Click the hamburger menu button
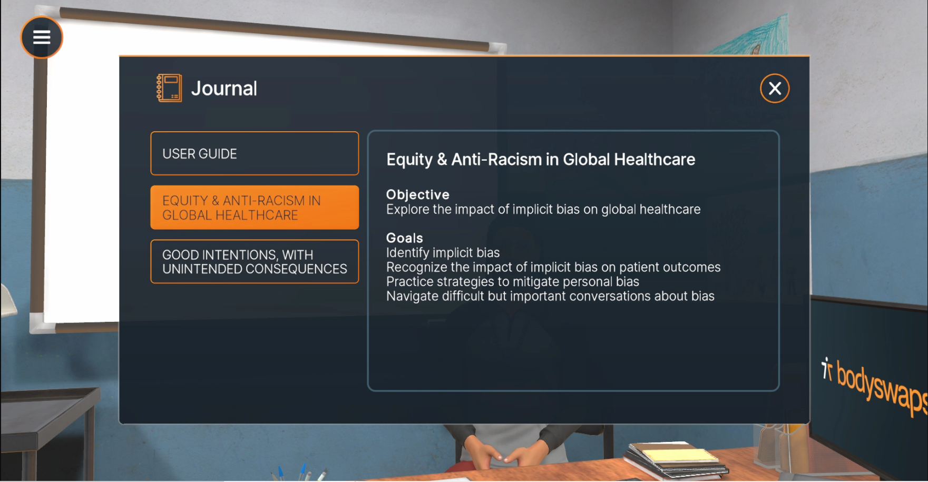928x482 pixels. click(x=42, y=37)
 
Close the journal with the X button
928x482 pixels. click(x=775, y=88)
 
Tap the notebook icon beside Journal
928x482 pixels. click(x=169, y=88)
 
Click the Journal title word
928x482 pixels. click(x=224, y=88)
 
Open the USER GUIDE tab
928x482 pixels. click(x=255, y=153)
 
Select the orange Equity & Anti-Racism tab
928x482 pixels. click(x=255, y=208)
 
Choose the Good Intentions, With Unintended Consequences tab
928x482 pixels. click(x=255, y=262)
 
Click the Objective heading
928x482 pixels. click(x=418, y=194)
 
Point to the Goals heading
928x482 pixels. click(x=405, y=238)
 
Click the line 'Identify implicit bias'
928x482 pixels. click(x=443, y=253)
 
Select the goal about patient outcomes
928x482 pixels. click(x=553, y=267)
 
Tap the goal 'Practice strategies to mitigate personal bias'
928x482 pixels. click(x=513, y=282)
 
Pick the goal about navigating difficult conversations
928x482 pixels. click(x=550, y=296)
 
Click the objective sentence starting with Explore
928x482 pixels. click(x=543, y=209)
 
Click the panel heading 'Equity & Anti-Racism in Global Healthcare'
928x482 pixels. click(x=541, y=159)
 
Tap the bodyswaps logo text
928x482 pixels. click(x=880, y=386)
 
